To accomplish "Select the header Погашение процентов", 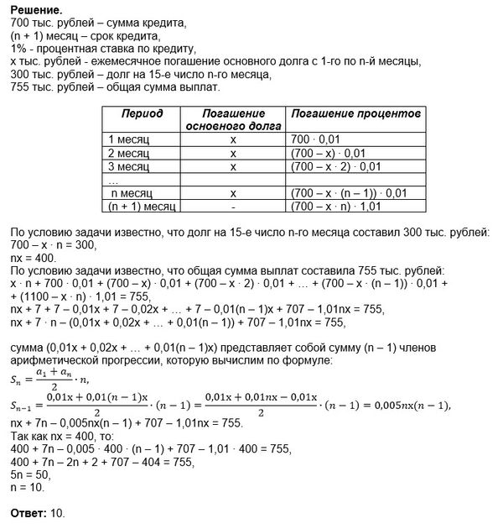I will coord(343,113).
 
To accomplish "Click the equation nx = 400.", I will coord(26,258).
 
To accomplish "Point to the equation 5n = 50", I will coord(24,474).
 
